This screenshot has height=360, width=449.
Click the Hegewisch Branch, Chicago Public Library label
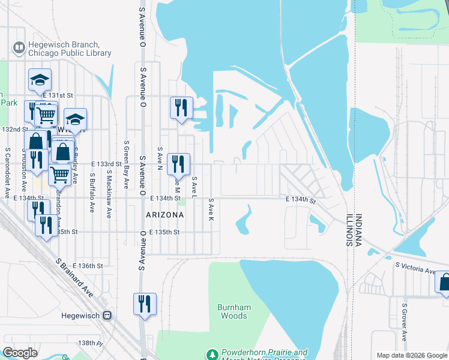tap(69, 49)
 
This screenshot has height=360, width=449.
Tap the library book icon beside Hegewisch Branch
tap(19, 47)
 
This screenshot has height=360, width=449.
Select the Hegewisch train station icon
tap(107, 315)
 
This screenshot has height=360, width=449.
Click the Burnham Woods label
tap(232, 311)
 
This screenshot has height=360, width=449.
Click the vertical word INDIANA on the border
tap(358, 230)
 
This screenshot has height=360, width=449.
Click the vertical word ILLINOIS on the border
tap(349, 230)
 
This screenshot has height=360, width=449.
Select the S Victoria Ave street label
tap(415, 268)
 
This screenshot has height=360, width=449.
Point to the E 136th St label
tap(88, 265)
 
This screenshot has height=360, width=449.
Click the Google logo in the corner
tap(20, 352)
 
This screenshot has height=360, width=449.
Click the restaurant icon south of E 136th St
tap(145, 304)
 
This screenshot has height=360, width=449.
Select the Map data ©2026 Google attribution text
tap(411, 355)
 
